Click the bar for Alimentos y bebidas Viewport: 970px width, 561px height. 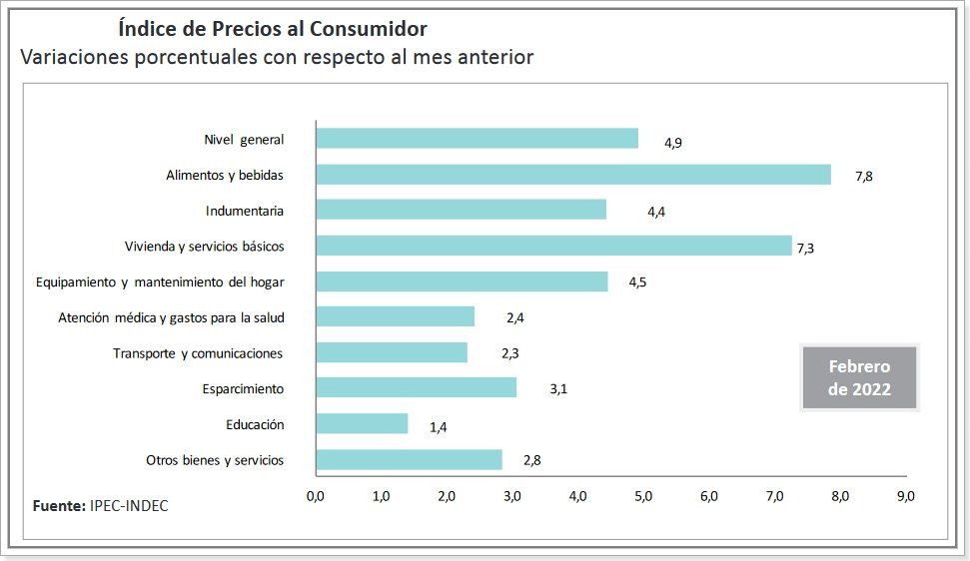pyautogui.click(x=572, y=175)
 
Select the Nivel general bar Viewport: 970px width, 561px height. pyautogui.click(x=477, y=139)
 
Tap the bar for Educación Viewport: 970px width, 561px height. pyautogui.click(x=362, y=424)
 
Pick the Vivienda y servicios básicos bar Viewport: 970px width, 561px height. pyautogui.click(x=553, y=246)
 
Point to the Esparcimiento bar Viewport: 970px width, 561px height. pyautogui.click(x=416, y=388)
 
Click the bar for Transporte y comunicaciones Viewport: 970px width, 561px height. pyautogui.click(x=392, y=352)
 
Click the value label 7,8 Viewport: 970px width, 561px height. pyautogui.click(x=864, y=177)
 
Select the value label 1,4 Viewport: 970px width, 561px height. pyautogui.click(x=438, y=427)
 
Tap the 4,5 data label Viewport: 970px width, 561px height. pyautogui.click(x=637, y=282)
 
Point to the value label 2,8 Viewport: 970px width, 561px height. pyautogui.click(x=531, y=461)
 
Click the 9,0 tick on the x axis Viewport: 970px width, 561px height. pyautogui.click(x=905, y=496)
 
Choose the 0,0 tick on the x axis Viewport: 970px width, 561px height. pyautogui.click(x=316, y=496)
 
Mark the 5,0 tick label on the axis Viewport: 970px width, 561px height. pyautogui.click(x=643, y=496)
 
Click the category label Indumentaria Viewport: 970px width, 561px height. pyautogui.click(x=245, y=211)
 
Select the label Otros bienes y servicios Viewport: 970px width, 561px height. pyautogui.click(x=215, y=460)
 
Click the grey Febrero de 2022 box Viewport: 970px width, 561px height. pyautogui.click(x=859, y=378)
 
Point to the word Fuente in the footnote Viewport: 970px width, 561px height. pyautogui.click(x=58, y=506)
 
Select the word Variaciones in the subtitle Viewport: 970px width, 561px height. pyautogui.click(x=76, y=58)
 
